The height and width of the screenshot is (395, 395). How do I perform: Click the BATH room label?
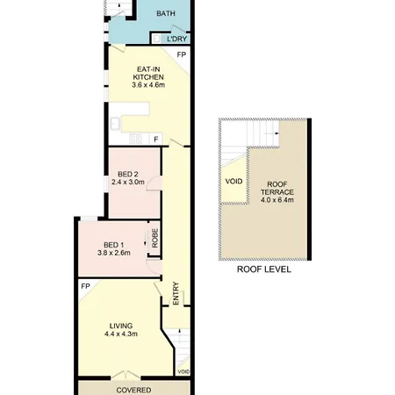click(x=166, y=13)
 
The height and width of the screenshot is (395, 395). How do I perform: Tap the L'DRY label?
click(x=176, y=39)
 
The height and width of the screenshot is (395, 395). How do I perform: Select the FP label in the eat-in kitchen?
click(x=182, y=54)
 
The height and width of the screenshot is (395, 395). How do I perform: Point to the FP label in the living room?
click(x=85, y=286)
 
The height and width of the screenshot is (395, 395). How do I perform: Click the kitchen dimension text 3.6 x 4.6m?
click(x=148, y=85)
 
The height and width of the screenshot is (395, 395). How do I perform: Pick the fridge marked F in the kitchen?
click(x=156, y=140)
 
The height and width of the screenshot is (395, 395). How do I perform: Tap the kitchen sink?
click(x=115, y=124)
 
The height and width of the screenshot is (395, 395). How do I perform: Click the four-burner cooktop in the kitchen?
click(x=135, y=139)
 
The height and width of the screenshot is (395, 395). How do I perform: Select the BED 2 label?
click(x=128, y=175)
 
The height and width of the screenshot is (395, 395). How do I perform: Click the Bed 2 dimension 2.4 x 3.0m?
click(x=128, y=182)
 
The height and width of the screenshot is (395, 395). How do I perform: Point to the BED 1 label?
click(x=114, y=245)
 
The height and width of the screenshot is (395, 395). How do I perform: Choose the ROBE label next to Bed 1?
click(x=154, y=238)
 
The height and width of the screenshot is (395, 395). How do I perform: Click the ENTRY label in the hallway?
click(x=176, y=293)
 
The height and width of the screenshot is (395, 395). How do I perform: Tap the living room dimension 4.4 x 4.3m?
click(x=121, y=334)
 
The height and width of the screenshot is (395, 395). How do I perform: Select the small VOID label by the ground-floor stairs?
click(x=183, y=372)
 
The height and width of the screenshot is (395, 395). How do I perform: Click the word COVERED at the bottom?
click(x=133, y=390)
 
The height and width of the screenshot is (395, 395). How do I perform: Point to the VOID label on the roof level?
click(x=233, y=182)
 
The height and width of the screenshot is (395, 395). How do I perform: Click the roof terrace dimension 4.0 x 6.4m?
click(x=277, y=200)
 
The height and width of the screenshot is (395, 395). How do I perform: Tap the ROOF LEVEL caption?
click(x=264, y=269)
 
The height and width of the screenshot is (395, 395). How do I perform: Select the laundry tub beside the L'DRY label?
click(x=157, y=39)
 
